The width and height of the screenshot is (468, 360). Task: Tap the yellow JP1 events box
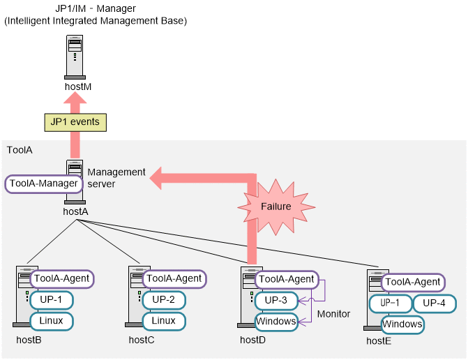click(x=75, y=122)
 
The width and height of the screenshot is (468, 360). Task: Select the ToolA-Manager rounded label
click(x=43, y=184)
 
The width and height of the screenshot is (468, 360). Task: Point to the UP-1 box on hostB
click(x=51, y=300)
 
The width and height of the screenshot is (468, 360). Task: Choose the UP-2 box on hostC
click(x=164, y=300)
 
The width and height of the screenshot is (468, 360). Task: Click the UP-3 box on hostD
click(x=276, y=300)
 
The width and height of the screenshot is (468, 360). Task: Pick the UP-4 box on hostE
click(x=435, y=303)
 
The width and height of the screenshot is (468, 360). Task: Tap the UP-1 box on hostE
click(x=391, y=303)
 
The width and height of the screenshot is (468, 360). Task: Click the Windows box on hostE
click(x=402, y=324)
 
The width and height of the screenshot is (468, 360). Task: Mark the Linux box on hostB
click(x=51, y=321)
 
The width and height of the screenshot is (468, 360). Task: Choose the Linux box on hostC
click(x=164, y=321)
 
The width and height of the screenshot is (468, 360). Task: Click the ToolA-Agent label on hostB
click(x=61, y=278)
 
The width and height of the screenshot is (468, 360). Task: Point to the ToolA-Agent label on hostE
click(x=413, y=282)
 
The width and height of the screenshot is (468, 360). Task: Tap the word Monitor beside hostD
click(x=333, y=314)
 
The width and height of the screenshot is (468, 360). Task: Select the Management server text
click(x=116, y=178)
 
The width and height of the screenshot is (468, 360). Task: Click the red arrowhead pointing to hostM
click(x=75, y=101)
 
